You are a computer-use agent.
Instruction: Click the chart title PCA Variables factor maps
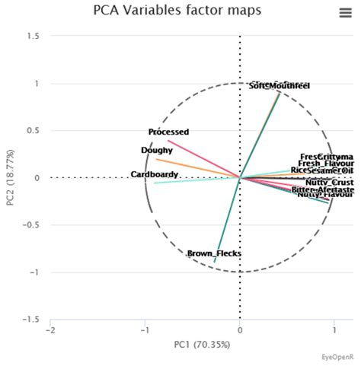pos(177,11)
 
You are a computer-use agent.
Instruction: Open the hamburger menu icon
pos(344,12)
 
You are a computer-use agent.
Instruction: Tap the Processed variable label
pos(168,132)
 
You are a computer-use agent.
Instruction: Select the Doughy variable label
pos(157,151)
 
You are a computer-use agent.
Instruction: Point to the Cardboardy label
pos(155,175)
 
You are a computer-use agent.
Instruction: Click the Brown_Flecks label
pos(214,253)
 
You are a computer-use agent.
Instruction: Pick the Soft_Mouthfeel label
pos(280,87)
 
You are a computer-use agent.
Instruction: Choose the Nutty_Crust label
pos(329,183)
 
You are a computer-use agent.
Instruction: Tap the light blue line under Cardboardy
pos(190,181)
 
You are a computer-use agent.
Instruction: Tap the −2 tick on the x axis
pos(50,332)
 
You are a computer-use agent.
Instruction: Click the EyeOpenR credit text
pos(336,356)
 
